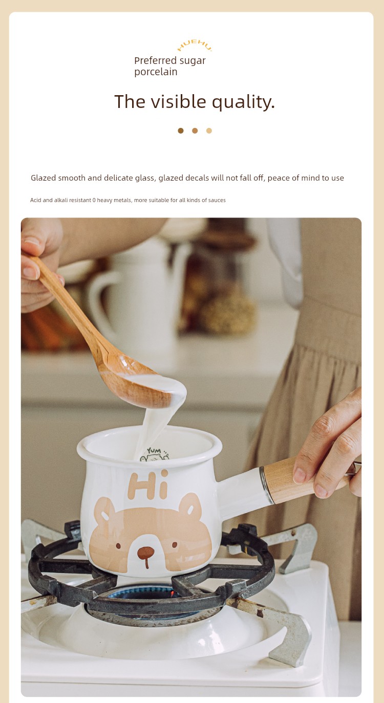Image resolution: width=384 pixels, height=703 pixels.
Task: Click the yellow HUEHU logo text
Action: click(195, 46)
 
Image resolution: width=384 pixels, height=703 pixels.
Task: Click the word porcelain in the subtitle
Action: click(156, 72)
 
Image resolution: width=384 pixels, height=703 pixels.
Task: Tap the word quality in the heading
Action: click(243, 102)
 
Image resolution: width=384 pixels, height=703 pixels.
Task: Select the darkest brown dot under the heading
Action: click(181, 130)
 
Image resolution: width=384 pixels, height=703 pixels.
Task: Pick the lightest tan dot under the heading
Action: click(209, 130)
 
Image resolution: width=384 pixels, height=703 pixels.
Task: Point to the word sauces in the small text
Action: click(217, 200)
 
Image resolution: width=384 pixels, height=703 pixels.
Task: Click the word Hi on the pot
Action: click(148, 485)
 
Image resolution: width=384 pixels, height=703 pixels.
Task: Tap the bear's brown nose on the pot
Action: click(146, 552)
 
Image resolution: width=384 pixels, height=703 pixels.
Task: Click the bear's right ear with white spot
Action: click(190, 506)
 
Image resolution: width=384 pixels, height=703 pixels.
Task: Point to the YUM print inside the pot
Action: click(154, 454)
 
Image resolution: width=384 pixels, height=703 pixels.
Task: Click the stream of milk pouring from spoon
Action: click(154, 430)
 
